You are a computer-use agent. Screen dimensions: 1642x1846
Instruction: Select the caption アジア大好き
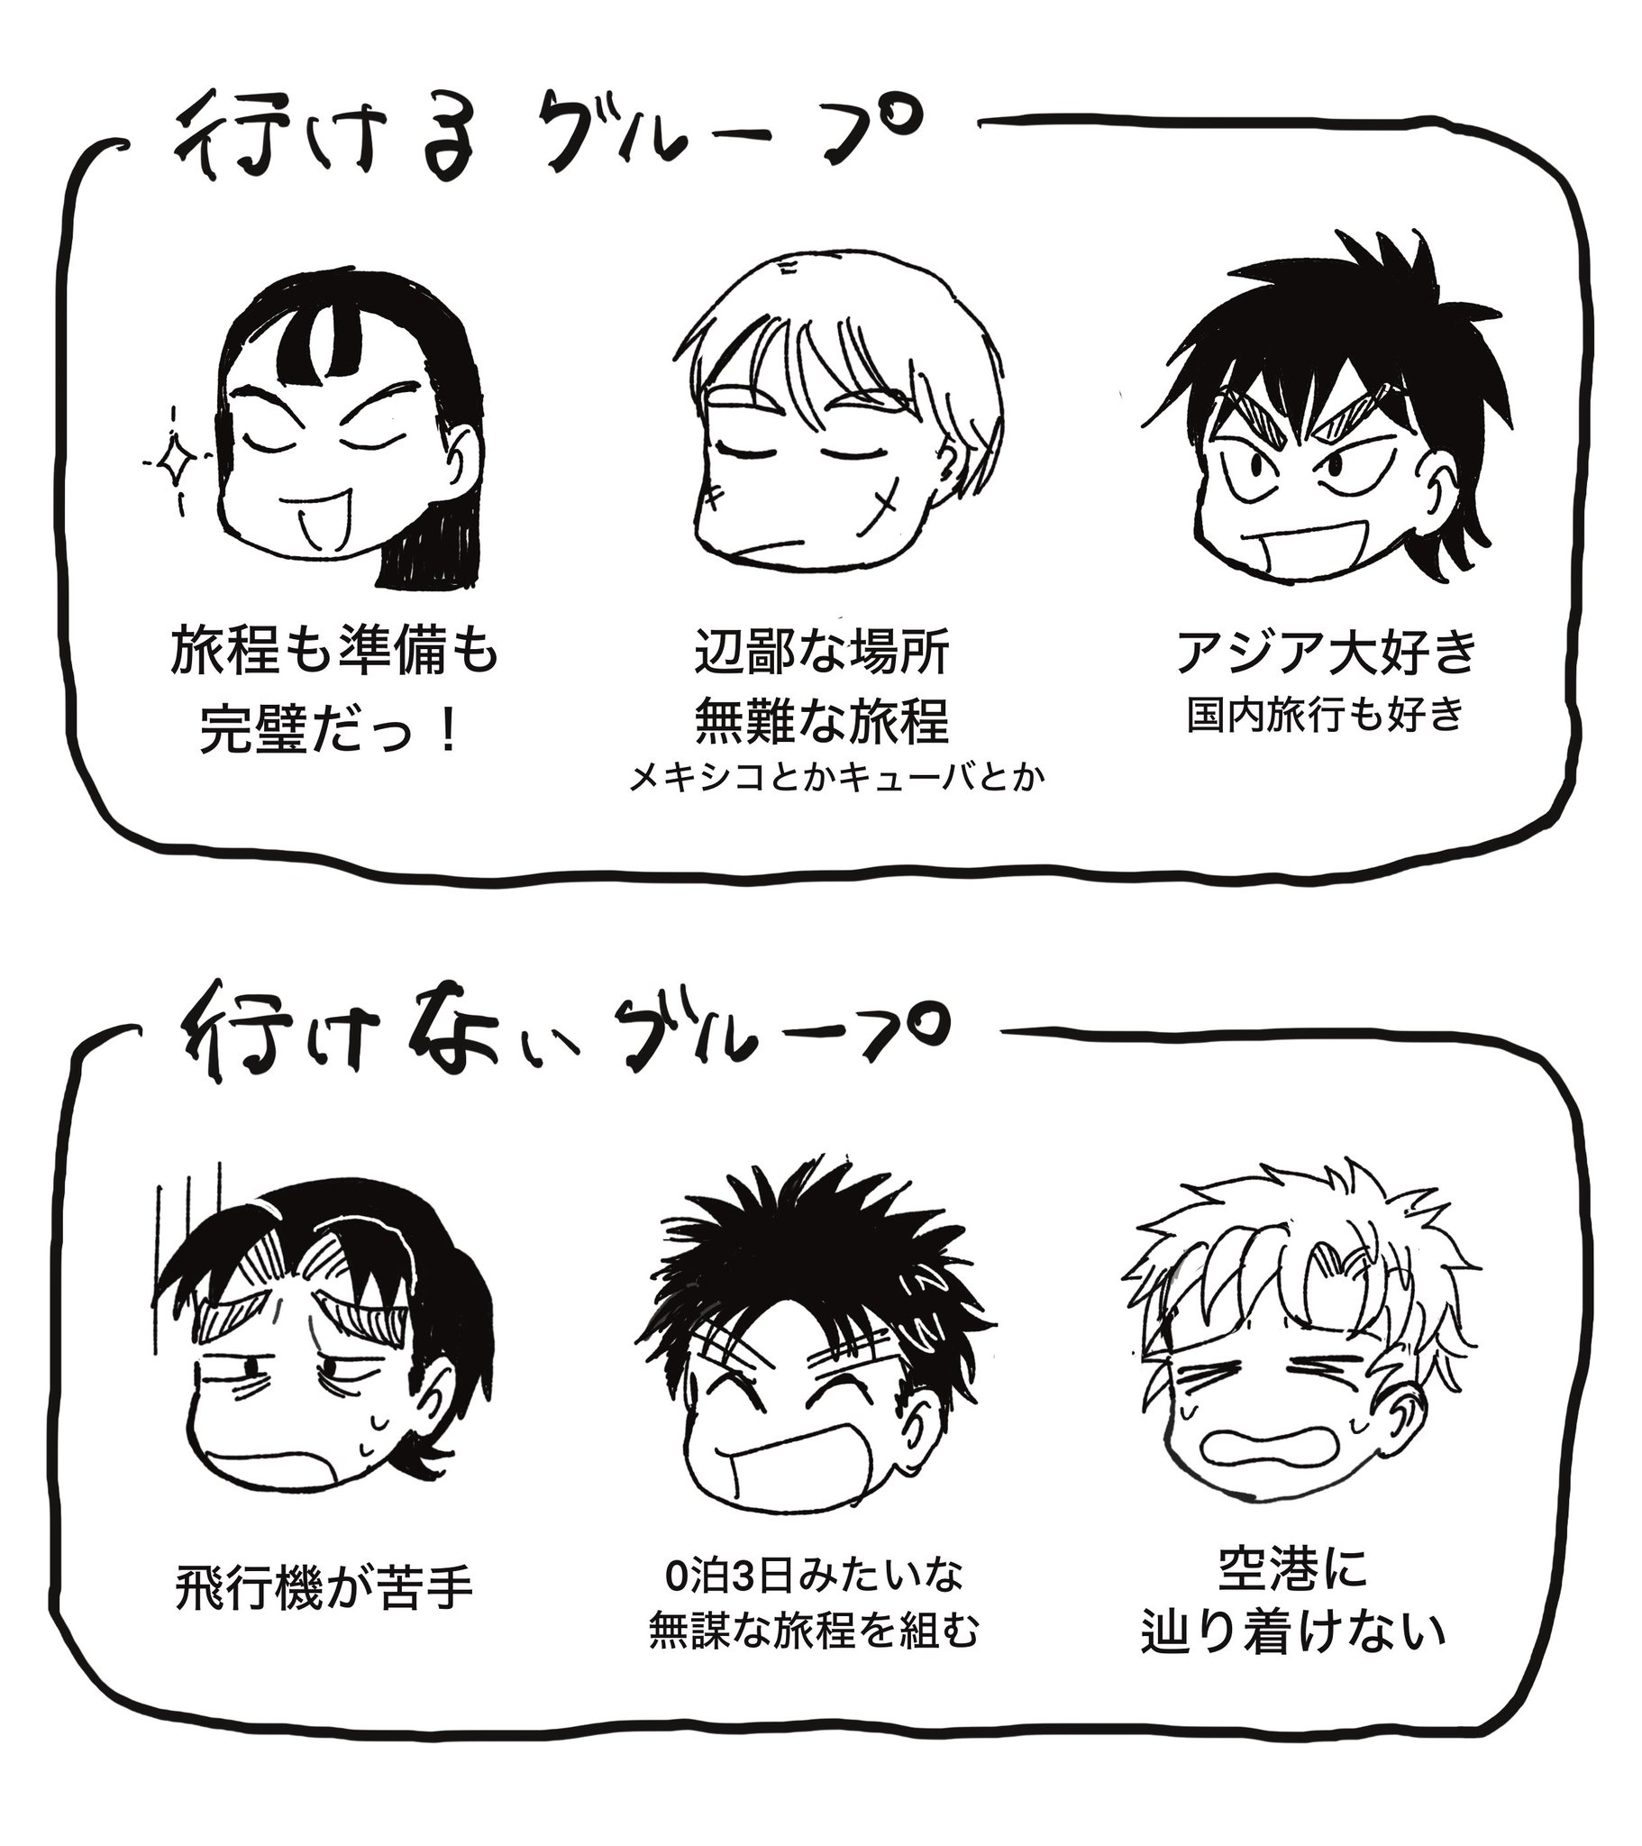pos(1326,652)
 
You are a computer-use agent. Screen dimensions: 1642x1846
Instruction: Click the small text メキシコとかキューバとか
pos(836,778)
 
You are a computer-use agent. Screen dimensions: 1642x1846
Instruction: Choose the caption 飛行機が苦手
pos(324,1588)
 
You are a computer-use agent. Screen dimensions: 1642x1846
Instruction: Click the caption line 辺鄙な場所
pos(822,653)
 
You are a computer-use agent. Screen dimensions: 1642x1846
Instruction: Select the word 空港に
pos(1292,1568)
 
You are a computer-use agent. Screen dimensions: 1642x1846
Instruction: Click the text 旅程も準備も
pos(334,652)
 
